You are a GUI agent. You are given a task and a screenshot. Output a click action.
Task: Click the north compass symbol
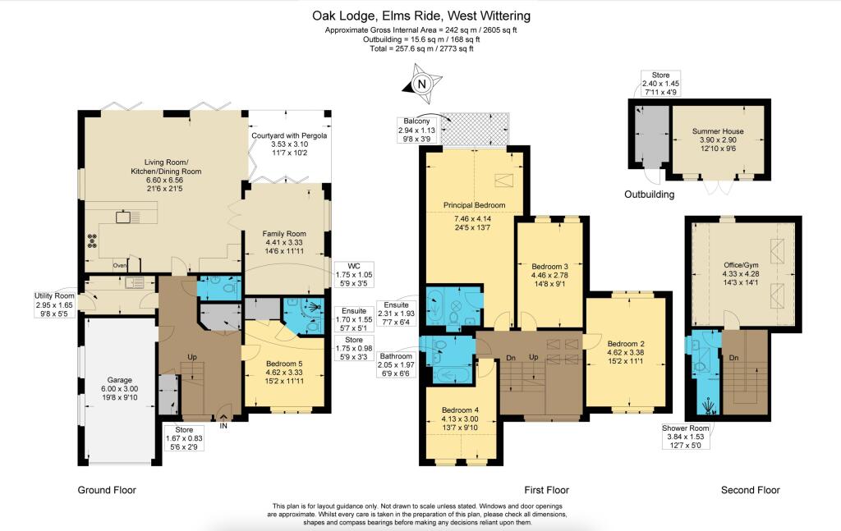click(421, 84)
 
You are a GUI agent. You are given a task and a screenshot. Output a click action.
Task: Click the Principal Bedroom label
click(474, 205)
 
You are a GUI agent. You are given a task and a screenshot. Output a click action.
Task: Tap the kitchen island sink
click(126, 217)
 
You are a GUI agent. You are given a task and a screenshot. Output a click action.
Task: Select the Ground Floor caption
click(107, 490)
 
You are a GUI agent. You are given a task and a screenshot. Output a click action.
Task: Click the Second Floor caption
click(751, 490)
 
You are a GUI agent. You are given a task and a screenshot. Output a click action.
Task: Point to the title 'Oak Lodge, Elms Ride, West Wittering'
click(421, 16)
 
